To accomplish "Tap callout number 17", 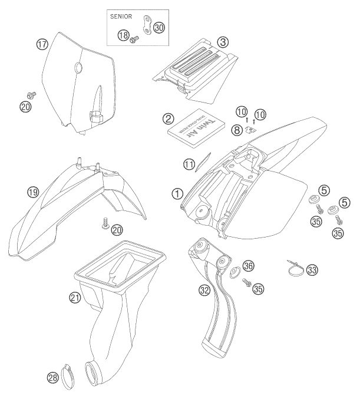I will pos(41,44).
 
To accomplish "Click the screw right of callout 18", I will pos(134,39).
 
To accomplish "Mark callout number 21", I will pos(74,298).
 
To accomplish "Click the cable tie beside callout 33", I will pos(295,268).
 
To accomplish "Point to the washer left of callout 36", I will pos(233,273).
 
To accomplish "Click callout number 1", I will pos(176,191).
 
